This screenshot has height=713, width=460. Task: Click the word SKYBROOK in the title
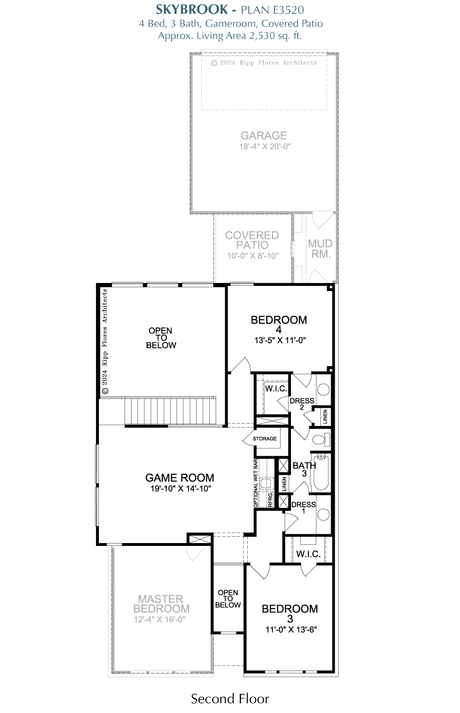(x=191, y=10)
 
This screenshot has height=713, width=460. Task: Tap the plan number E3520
(x=288, y=10)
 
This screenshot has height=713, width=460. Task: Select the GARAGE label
(x=263, y=135)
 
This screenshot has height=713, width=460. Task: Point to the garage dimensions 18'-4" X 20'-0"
(x=265, y=146)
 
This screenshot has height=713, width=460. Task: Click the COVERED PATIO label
(x=252, y=240)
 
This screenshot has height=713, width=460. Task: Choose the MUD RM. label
(x=320, y=249)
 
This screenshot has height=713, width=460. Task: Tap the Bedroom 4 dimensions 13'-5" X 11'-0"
(x=280, y=340)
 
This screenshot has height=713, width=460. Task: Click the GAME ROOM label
(x=180, y=478)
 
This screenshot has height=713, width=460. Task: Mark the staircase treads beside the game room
(x=170, y=410)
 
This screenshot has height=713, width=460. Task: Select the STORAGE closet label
(x=264, y=439)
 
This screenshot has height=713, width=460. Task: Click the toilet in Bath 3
(x=321, y=440)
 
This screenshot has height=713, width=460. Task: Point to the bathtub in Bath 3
(x=321, y=473)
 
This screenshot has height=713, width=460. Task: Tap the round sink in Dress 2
(x=323, y=390)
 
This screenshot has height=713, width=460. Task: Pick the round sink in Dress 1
(x=323, y=515)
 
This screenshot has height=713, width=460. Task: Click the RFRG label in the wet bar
(x=270, y=500)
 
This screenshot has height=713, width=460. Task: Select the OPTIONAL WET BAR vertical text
(x=255, y=483)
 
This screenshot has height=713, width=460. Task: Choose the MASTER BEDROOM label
(x=161, y=603)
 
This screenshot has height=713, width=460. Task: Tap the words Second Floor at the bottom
(x=230, y=699)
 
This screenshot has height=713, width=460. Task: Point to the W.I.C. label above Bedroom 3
(x=308, y=554)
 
